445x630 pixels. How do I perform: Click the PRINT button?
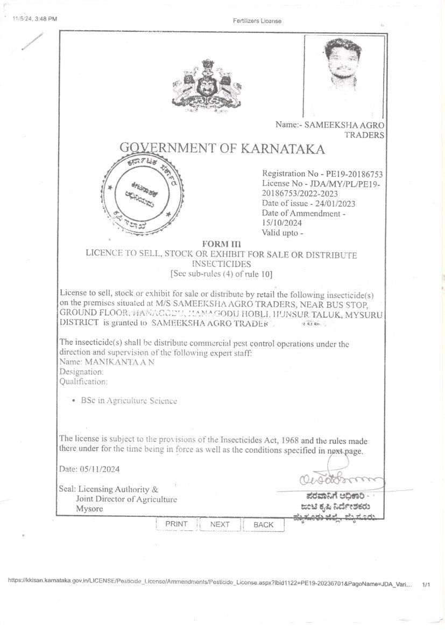click(x=176, y=524)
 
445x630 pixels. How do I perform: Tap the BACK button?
click(x=263, y=524)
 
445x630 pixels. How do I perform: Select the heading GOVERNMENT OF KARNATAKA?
click(x=222, y=148)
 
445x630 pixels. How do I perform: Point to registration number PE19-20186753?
click(x=352, y=174)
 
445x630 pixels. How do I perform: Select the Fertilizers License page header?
click(x=257, y=21)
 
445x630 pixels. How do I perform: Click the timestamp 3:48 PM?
click(x=46, y=19)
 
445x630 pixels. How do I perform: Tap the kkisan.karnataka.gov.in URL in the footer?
click(x=210, y=584)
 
